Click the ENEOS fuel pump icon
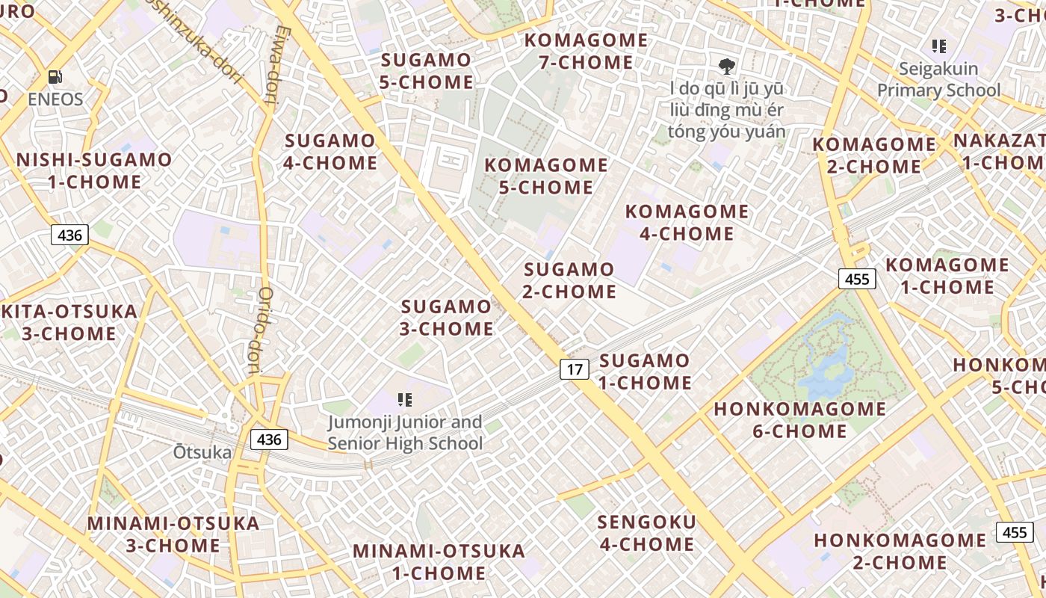coord(55,76)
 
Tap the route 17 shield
coord(574,369)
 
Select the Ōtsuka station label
coord(202,452)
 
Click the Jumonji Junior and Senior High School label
coord(405,433)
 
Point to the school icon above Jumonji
coord(405,400)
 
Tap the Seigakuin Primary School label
coord(938,79)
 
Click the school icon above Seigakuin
coord(939,46)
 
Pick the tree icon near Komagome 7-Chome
coord(725,66)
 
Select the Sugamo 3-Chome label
coord(447,318)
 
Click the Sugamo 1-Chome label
coord(645,372)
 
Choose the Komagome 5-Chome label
coord(546,176)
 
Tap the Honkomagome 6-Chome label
coord(799,420)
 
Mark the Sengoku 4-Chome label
coord(647,533)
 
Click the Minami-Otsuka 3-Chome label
coord(173,534)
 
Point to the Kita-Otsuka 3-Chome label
coord(69,322)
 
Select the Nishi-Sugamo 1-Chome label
coord(94,170)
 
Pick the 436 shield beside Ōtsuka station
coord(268,439)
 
